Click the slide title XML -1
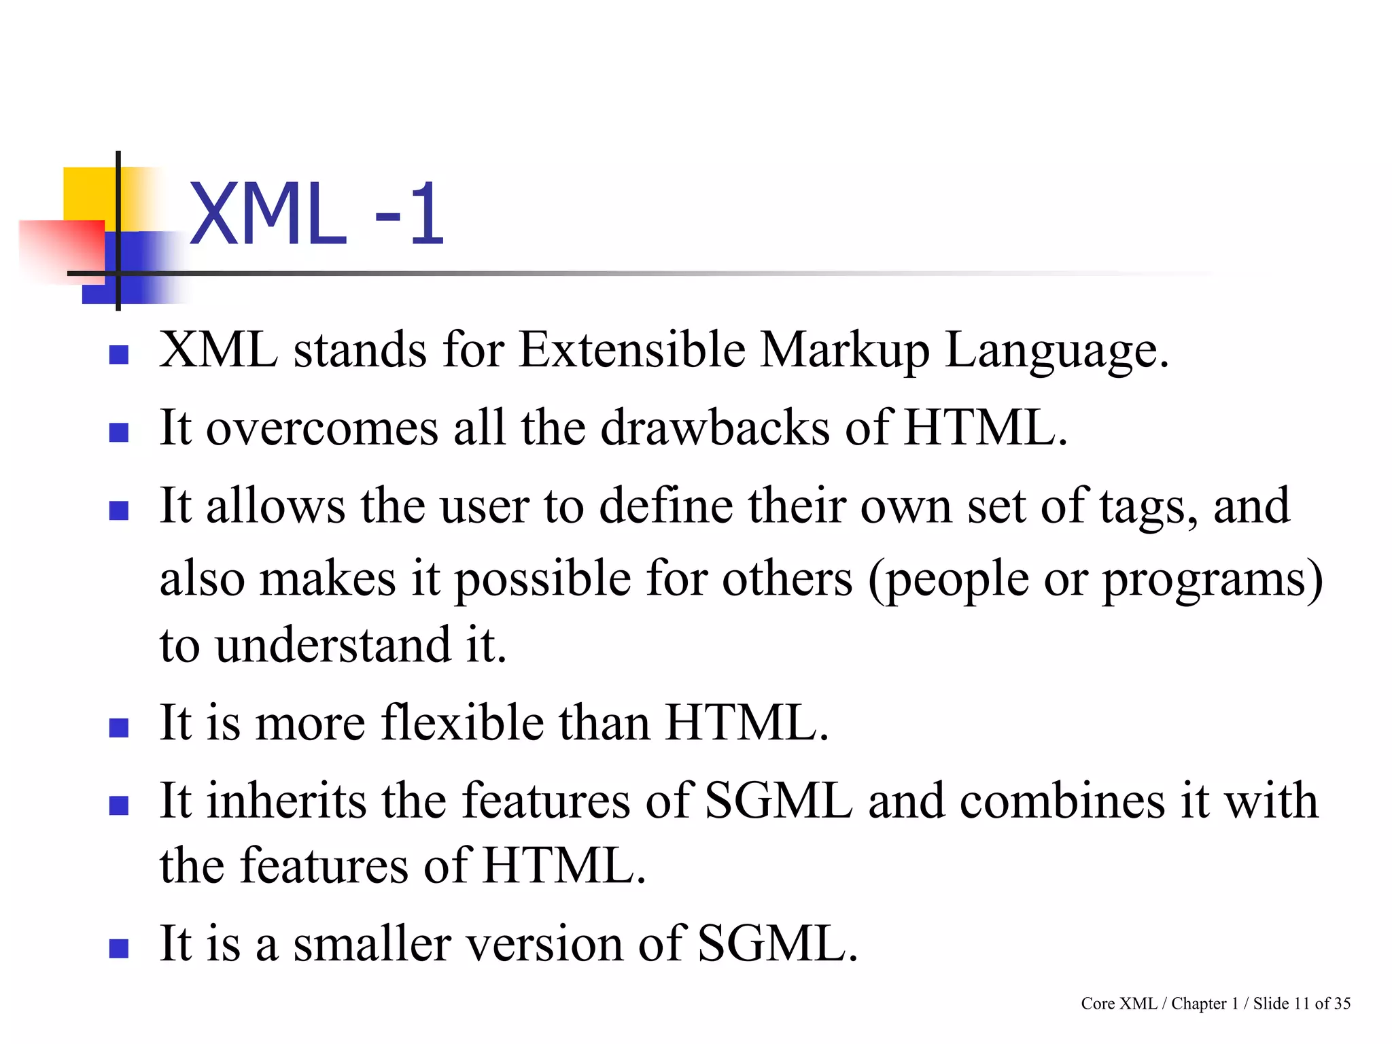(317, 215)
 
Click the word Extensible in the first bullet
(632, 350)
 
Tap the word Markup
(844, 351)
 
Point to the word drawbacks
(715, 428)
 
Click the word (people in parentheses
(949, 580)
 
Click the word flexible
(462, 723)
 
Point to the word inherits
(286, 801)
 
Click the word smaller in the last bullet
(372, 944)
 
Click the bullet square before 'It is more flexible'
(119, 728)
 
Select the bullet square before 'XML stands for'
(119, 355)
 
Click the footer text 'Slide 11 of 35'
(1302, 1004)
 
